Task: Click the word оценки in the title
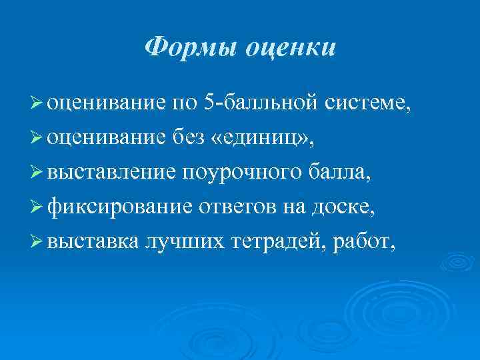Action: (x=291, y=47)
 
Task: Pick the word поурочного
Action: (x=245, y=173)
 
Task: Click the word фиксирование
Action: (x=120, y=207)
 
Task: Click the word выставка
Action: (x=93, y=242)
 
